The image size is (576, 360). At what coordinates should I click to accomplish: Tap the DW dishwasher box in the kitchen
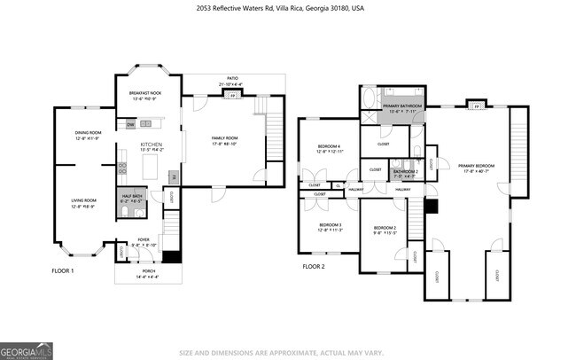[130, 125]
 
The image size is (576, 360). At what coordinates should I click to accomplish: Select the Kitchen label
[150, 145]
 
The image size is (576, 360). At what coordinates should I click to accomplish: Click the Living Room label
[83, 203]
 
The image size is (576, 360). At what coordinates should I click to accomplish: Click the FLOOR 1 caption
[64, 270]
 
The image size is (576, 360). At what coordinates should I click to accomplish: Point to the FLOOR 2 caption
[314, 266]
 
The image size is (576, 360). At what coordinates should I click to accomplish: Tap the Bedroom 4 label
[330, 148]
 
